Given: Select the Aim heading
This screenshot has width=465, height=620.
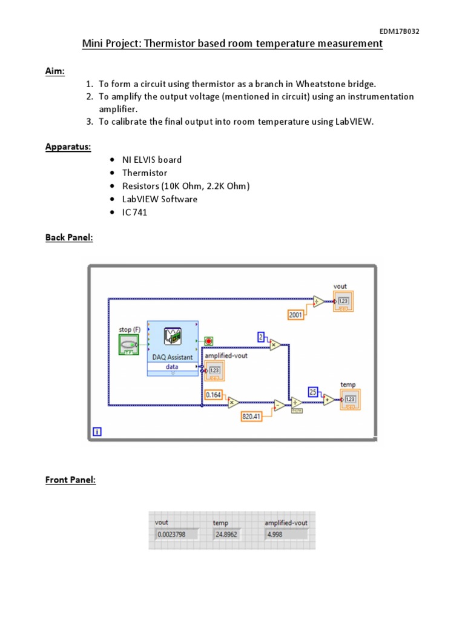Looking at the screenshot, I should pyautogui.click(x=55, y=71).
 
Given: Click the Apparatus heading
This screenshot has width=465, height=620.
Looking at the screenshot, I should pyautogui.click(x=68, y=147).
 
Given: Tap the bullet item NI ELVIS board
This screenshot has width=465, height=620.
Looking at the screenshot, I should pyautogui.click(x=152, y=160).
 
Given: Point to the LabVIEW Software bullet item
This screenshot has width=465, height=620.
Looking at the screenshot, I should pyautogui.click(x=160, y=199).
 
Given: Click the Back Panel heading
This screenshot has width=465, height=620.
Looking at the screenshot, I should pyautogui.click(x=69, y=237).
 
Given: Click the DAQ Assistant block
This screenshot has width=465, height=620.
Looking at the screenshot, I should pyautogui.click(x=173, y=348).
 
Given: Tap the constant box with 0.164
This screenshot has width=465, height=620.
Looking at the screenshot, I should pyautogui.click(x=213, y=394).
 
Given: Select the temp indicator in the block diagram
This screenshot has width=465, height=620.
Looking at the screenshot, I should pyautogui.click(x=349, y=399).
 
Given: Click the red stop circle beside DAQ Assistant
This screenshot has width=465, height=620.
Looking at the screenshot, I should pyautogui.click(x=209, y=341).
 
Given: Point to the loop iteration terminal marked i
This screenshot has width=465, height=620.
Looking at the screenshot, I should pyautogui.click(x=97, y=432).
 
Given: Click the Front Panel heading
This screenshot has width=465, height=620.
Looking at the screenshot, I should pyautogui.click(x=70, y=480).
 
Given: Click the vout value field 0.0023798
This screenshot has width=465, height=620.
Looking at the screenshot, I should pyautogui.click(x=177, y=534).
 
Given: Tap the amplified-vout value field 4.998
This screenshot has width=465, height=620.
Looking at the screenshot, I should pyautogui.click(x=286, y=534).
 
